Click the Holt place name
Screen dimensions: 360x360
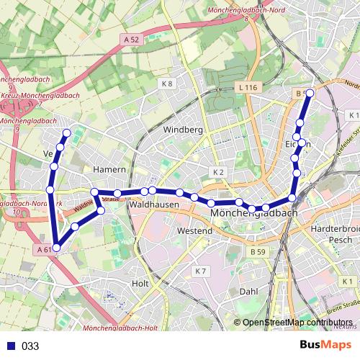141,284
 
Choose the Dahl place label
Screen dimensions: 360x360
248,292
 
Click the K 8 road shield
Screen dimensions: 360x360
168,84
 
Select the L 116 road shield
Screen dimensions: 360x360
246,87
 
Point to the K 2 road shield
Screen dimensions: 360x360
218,172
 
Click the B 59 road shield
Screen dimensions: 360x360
258,252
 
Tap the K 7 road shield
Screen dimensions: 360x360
201,271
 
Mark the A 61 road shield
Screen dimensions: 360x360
43,249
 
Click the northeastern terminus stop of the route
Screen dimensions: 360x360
310,93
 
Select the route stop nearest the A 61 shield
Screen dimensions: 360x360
56,248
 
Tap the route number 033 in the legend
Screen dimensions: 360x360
30,346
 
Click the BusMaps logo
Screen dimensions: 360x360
325,345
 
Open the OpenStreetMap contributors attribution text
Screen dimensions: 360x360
297,323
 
